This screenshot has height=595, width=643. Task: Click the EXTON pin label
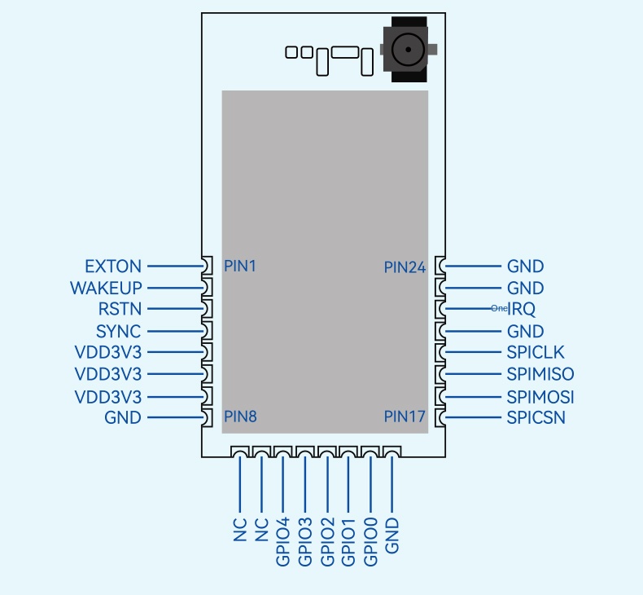(112, 267)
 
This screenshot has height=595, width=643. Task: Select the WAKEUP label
(106, 289)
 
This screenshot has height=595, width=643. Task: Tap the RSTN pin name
(119, 310)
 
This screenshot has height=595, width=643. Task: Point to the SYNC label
(118, 332)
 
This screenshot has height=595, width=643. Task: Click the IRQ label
(522, 310)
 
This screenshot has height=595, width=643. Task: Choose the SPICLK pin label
(536, 353)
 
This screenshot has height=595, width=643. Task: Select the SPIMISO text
(540, 375)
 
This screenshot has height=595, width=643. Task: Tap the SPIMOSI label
(540, 397)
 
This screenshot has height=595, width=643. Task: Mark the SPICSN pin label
(536, 418)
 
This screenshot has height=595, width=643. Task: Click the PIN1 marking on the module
(240, 266)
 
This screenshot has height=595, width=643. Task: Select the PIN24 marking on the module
(405, 267)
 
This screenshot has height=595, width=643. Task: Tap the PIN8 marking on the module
(240, 416)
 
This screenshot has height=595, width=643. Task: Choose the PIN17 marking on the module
(405, 416)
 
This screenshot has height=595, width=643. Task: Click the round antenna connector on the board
(403, 51)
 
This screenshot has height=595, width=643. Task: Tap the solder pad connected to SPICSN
(440, 418)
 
